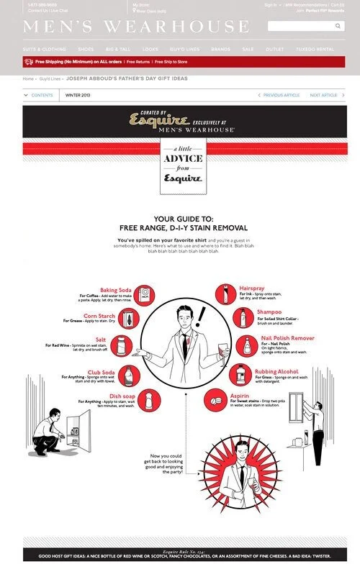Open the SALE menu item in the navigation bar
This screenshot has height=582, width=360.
[248, 49]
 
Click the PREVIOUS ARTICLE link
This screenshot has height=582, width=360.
[279, 95]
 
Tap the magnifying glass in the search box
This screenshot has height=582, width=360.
[338, 26]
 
